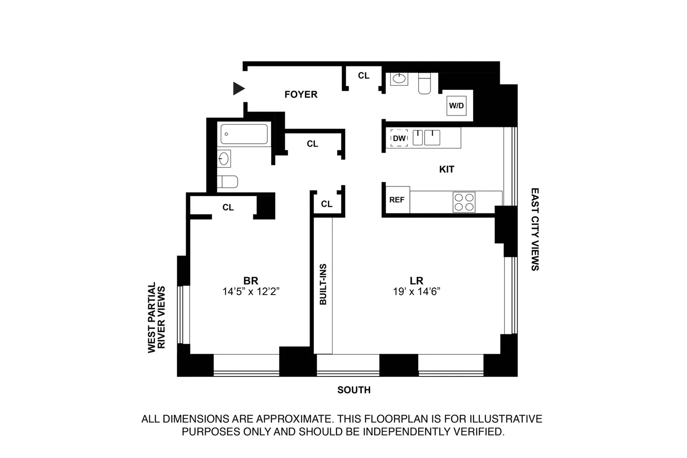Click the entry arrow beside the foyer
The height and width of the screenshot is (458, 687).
point(238,88)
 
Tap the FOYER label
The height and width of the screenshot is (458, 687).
point(301,94)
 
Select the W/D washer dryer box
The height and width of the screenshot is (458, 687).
point(456,105)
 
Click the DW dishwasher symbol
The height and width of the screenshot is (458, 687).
point(399,138)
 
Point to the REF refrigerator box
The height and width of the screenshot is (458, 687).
point(398,200)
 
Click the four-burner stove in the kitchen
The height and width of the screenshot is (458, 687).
point(464,202)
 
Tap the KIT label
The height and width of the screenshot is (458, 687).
point(447,169)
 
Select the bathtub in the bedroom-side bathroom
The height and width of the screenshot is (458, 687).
point(244,134)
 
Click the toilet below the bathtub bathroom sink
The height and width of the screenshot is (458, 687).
point(227,182)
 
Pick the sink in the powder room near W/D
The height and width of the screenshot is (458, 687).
point(399,79)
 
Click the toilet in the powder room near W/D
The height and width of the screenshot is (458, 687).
point(425,83)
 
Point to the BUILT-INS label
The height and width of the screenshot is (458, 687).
point(323,284)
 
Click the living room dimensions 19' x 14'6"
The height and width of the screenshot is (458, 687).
point(416,291)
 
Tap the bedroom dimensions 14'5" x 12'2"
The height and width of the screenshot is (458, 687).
point(251,291)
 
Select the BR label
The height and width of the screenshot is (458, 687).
point(251,281)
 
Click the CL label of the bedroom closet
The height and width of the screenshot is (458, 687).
point(228,207)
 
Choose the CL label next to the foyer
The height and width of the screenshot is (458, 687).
point(364,76)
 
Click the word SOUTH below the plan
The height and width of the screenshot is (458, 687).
point(354,390)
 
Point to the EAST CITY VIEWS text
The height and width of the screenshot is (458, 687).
point(535,229)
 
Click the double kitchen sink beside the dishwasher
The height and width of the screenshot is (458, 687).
point(426,137)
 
